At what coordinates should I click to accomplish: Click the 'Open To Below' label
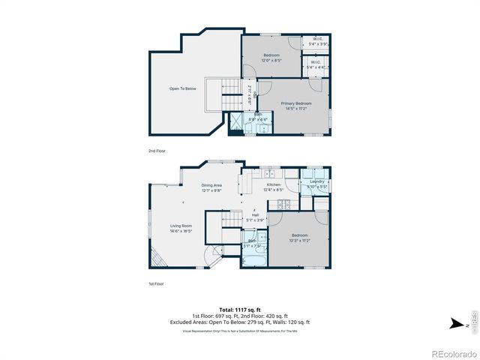[x=182, y=88]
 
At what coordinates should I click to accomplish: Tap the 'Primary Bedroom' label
[x=295, y=106]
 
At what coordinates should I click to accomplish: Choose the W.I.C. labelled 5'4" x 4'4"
[x=316, y=65]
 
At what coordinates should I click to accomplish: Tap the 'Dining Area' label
[x=211, y=187]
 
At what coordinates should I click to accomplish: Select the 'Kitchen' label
[x=274, y=187]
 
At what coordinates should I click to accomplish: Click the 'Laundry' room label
[x=316, y=183]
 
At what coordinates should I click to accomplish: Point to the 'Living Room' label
[x=181, y=228]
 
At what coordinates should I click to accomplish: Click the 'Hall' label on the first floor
[x=255, y=217]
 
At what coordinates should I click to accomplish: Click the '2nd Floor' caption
[x=156, y=151]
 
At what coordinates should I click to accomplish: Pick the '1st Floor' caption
[x=156, y=283]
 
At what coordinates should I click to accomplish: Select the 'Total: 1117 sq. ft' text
[x=240, y=309]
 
